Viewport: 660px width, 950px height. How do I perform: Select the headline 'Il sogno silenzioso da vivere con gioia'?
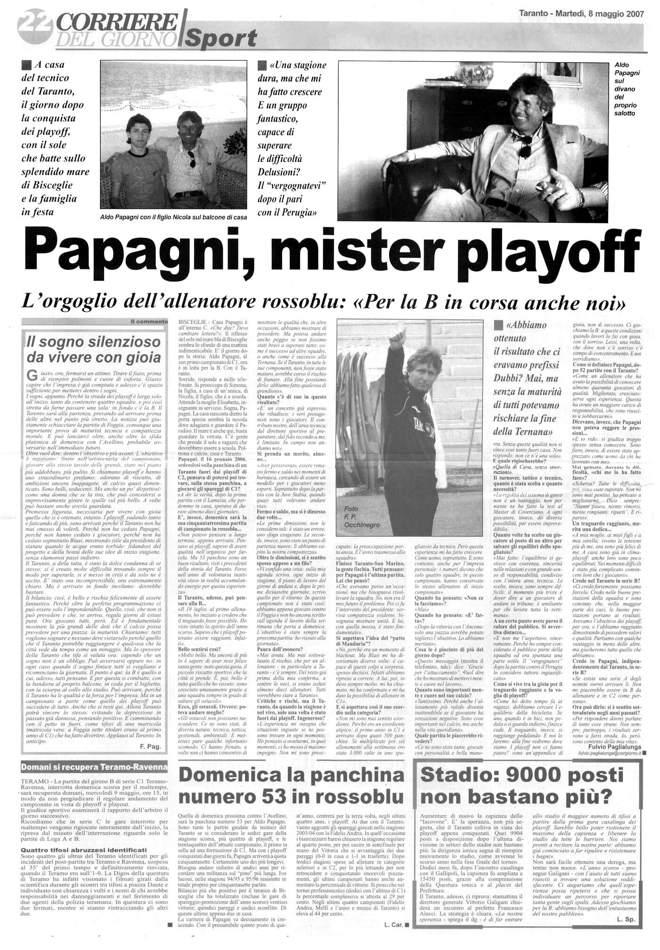pyautogui.click(x=93, y=349)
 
